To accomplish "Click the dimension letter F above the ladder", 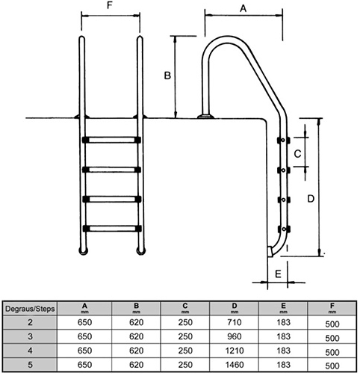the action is pos(110,5).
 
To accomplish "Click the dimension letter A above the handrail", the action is pos(243,9).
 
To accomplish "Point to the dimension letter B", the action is pos(167,75).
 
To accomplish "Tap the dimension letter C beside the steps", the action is pos(298,154).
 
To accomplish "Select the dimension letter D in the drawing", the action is pos(311,199).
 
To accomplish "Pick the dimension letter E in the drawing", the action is pos(278,274).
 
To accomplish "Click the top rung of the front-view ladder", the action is pos(111,140).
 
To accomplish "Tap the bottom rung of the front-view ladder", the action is pos(112,229).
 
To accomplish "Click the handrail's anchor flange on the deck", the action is pos(205,117).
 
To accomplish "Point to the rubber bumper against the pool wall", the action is pos(270,252).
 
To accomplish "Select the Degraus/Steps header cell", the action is pos(30,309).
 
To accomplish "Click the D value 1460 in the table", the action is pos(235,365).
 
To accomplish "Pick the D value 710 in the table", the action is pos(235,322).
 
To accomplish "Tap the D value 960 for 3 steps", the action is pos(235,336).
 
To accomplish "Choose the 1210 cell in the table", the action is pos(235,351).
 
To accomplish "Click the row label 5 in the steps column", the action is pos(30,365).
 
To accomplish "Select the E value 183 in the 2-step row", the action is pos(284,322).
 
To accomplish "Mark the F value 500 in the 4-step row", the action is pos(332,352).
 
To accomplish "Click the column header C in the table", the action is pos(185,306).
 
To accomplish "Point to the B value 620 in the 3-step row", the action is pos(137,336).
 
